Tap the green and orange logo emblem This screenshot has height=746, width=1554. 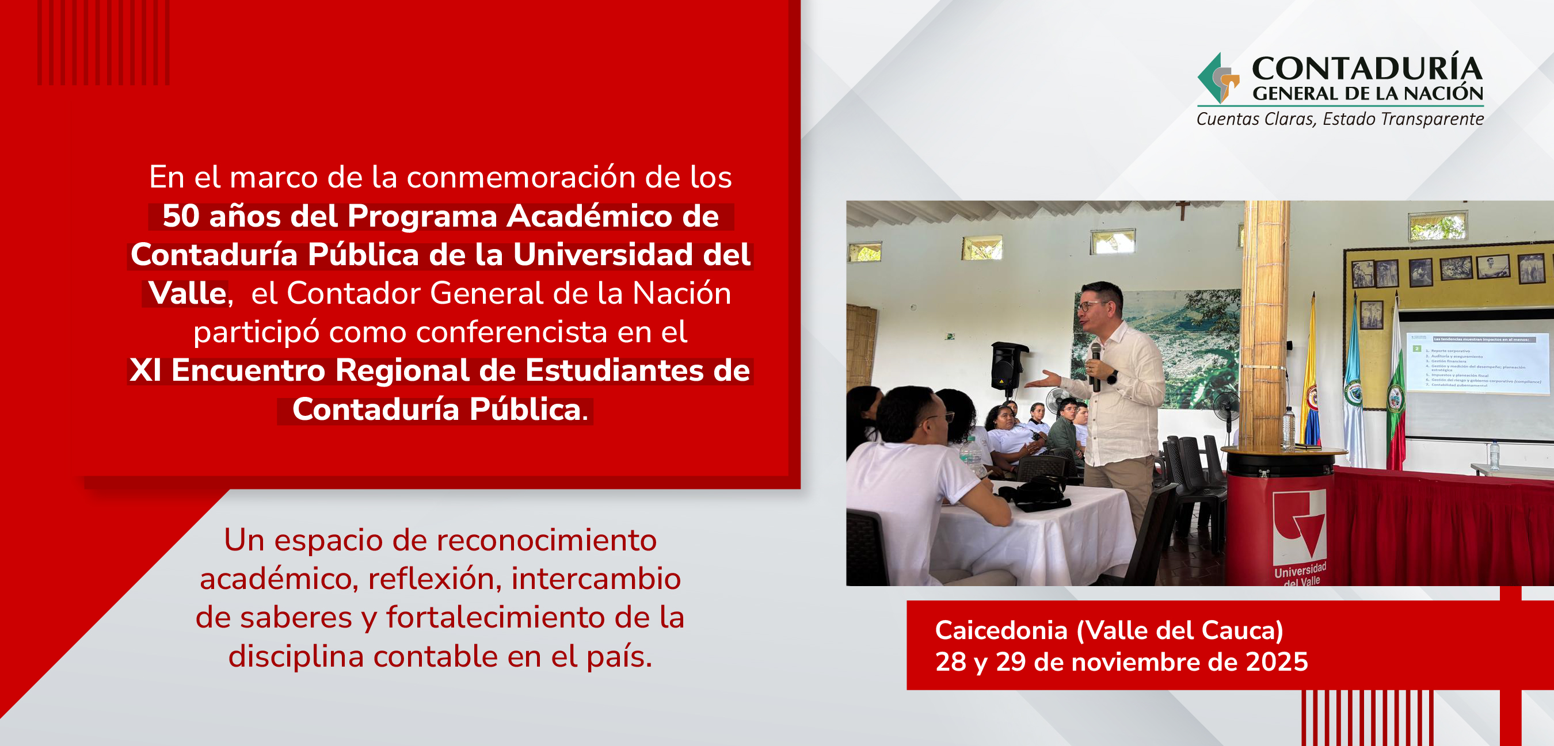[1217, 79]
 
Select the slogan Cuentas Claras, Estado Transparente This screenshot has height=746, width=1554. [1340, 119]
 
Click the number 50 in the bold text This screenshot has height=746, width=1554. [180, 216]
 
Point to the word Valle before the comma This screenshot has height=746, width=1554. [187, 293]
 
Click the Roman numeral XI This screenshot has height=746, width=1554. [146, 370]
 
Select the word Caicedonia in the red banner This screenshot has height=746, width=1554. [1001, 630]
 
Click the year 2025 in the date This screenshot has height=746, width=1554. [1277, 661]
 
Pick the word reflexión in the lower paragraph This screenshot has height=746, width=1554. [435, 579]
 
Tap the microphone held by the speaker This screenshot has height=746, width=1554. [1095, 365]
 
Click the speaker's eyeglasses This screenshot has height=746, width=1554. [1093, 307]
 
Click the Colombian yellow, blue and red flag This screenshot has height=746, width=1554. [1311, 386]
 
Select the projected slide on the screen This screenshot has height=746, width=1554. [1475, 362]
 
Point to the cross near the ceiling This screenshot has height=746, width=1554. [1182, 209]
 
